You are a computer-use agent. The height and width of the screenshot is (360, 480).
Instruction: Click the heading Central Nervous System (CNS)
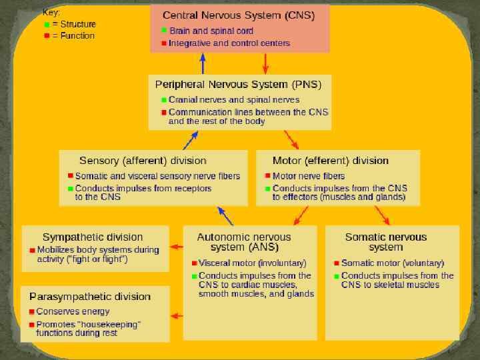pos(239,15)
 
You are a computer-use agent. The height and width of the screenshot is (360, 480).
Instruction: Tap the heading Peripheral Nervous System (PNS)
pos(238,85)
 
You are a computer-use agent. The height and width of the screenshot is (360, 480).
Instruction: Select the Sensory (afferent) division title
pos(143,161)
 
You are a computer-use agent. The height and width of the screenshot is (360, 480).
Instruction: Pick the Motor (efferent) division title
pos(331,161)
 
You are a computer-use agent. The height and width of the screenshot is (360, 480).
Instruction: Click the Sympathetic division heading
pos(93,237)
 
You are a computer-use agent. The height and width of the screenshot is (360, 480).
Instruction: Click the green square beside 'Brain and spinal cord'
pos(164,31)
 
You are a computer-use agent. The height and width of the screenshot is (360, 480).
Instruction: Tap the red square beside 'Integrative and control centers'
pos(164,43)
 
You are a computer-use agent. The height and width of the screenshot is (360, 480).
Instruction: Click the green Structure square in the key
pos(46,24)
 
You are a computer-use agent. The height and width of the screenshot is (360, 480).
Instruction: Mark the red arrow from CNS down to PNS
pos(266,63)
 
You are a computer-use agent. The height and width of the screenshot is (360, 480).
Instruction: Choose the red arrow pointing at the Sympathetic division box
pos(176,247)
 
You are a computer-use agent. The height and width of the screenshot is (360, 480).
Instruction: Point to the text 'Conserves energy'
pos(73,311)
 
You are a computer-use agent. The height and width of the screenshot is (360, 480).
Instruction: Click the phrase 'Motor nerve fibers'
pos(309,176)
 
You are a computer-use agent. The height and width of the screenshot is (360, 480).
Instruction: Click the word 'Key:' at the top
pos(51,12)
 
